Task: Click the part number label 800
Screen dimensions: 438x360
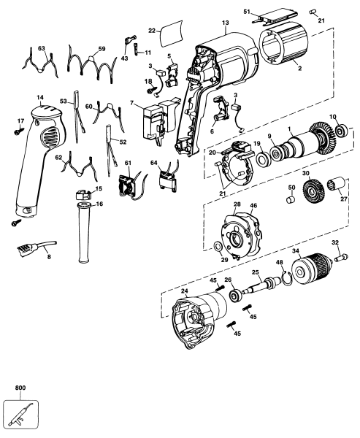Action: coord(14,390)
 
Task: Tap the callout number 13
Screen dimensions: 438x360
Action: coord(226,23)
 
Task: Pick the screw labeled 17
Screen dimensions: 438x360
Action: coord(17,132)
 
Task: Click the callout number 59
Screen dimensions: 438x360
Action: coord(102,50)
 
